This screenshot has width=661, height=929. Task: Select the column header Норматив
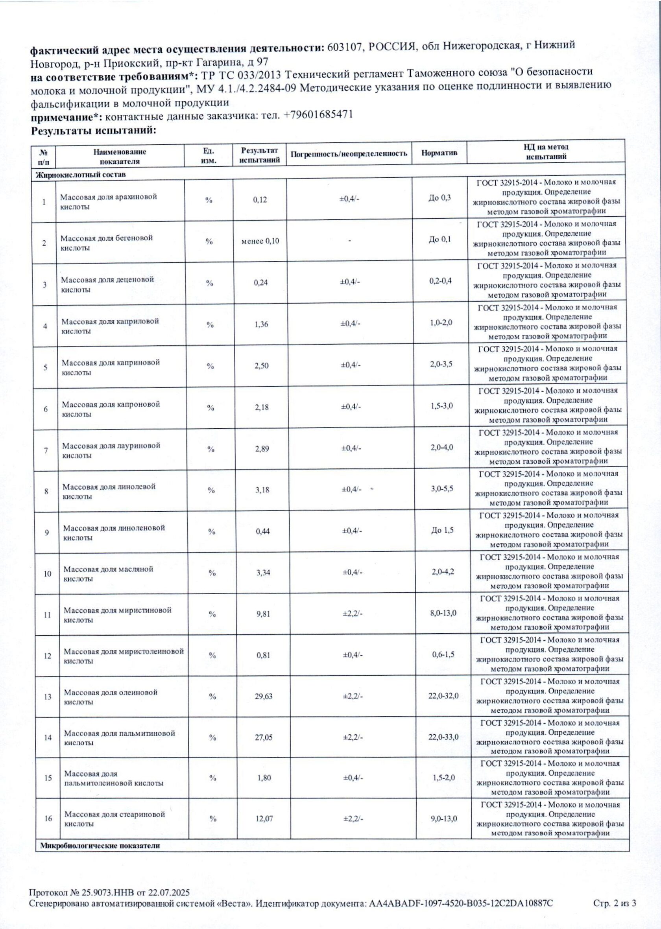coord(439,153)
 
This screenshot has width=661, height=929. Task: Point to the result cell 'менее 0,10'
coord(260,241)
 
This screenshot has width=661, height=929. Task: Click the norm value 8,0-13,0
coord(443,613)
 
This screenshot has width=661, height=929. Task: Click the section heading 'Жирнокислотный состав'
coord(81,175)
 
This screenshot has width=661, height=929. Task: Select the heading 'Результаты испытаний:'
coord(94,131)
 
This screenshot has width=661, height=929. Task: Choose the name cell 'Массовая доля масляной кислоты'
coord(108,574)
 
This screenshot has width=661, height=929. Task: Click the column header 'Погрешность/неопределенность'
coord(349,153)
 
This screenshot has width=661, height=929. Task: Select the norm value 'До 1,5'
coord(442,530)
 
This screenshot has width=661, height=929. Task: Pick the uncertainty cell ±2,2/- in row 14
coord(353,737)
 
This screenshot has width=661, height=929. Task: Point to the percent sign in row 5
coord(210,366)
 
